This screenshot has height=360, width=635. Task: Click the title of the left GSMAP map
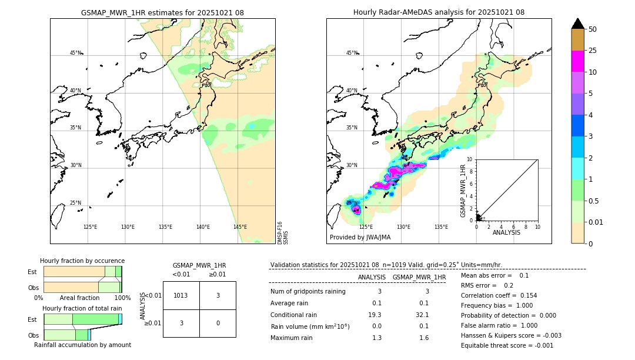point(162,12)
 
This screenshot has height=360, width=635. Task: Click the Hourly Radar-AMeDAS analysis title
point(439,12)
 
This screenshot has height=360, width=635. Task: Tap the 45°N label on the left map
point(76,53)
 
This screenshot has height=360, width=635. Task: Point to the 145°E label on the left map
point(240,227)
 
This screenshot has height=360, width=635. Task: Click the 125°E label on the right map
point(366,227)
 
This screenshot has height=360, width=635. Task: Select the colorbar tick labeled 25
point(593,51)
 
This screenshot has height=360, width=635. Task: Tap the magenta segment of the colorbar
point(578,61)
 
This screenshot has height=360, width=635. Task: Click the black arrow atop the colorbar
point(578,24)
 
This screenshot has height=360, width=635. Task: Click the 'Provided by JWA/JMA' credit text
point(360,238)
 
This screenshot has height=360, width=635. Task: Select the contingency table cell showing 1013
point(181,295)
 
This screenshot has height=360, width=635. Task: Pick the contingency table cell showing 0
point(218,323)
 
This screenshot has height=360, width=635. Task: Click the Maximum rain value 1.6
point(423,338)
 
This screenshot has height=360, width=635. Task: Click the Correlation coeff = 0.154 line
point(499,295)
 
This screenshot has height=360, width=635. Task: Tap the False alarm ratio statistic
point(499,325)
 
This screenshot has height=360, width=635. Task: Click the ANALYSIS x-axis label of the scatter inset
point(507,233)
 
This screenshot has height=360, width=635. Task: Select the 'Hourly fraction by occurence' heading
point(82,261)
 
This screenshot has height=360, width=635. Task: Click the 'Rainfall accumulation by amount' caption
point(82,345)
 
